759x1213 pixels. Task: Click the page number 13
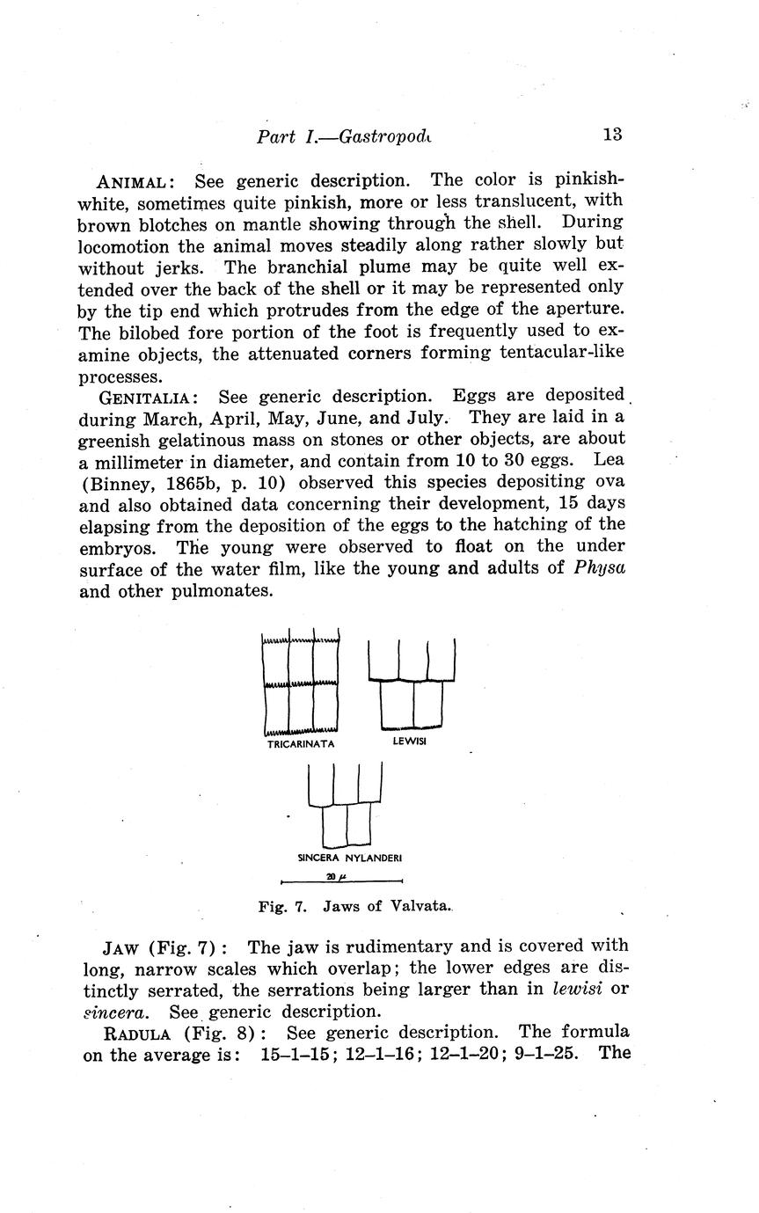(612, 135)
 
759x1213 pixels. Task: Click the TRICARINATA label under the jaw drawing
(301, 743)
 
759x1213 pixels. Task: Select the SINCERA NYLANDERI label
(350, 857)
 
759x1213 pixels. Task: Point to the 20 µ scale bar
(340, 878)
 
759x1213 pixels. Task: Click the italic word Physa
(599, 567)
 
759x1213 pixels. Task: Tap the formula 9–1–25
(545, 1054)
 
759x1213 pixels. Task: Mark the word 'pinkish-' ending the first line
(589, 181)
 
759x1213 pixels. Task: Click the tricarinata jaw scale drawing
(301, 683)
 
